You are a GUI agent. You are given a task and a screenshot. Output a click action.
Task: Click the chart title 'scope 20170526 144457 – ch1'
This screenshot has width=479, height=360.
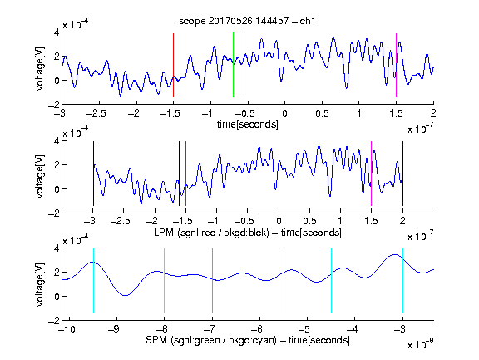[247, 21]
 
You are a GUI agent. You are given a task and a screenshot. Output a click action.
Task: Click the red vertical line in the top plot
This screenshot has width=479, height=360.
[173, 66]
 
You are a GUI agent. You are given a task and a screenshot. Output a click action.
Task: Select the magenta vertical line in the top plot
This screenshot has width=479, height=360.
[396, 66]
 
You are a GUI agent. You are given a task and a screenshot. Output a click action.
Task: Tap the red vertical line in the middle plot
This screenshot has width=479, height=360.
[185, 173]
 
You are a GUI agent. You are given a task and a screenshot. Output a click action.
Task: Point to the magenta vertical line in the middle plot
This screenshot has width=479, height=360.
[371, 173]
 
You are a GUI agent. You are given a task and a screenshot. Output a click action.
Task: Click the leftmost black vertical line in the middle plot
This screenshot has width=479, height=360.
[93, 173]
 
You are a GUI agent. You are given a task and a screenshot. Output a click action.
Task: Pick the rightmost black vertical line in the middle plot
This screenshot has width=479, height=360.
[402, 173]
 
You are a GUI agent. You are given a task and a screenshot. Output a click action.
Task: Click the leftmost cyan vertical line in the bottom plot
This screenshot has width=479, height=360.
[93, 281]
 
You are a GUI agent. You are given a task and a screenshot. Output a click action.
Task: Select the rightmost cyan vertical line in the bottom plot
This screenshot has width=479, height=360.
[402, 281]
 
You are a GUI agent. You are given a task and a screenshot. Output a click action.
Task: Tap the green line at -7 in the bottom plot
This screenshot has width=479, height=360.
[212, 281]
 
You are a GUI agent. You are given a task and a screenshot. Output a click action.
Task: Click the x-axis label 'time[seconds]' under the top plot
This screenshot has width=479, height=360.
[248, 124]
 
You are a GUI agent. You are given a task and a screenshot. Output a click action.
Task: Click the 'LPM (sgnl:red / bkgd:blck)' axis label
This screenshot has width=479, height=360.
[211, 232]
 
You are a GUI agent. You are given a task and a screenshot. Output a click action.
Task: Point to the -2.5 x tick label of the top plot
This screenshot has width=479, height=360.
[96, 114]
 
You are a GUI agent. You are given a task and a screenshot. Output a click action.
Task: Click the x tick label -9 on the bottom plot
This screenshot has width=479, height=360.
[114, 330]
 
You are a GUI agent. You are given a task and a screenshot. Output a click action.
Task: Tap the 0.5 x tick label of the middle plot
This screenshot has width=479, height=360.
[309, 222]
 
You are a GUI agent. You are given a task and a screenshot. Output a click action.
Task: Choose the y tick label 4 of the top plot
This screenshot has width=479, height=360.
[57, 32]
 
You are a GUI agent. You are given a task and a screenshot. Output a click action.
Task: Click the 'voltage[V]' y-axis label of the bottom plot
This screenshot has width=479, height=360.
[40, 284]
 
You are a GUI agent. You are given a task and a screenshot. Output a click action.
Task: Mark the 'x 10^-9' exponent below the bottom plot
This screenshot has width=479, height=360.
[420, 344]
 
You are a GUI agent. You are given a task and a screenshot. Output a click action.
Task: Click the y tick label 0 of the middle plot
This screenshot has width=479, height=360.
[57, 189]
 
